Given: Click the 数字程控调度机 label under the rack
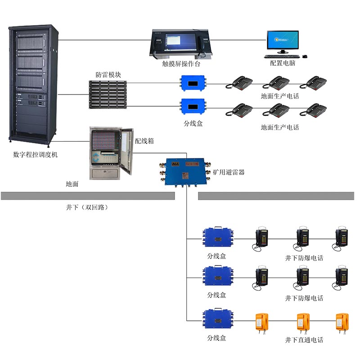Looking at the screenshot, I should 36,155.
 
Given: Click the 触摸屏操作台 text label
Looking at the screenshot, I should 181,64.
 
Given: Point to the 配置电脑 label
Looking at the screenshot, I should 283,63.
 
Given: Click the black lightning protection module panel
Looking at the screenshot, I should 108,94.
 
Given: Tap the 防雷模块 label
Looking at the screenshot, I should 108,74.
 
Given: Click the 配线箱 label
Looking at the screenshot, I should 144,141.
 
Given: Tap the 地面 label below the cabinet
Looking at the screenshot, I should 72,184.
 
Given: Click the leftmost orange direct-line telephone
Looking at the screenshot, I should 261,322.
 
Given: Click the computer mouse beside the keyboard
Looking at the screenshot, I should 305,57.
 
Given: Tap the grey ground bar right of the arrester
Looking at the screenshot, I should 275,196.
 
